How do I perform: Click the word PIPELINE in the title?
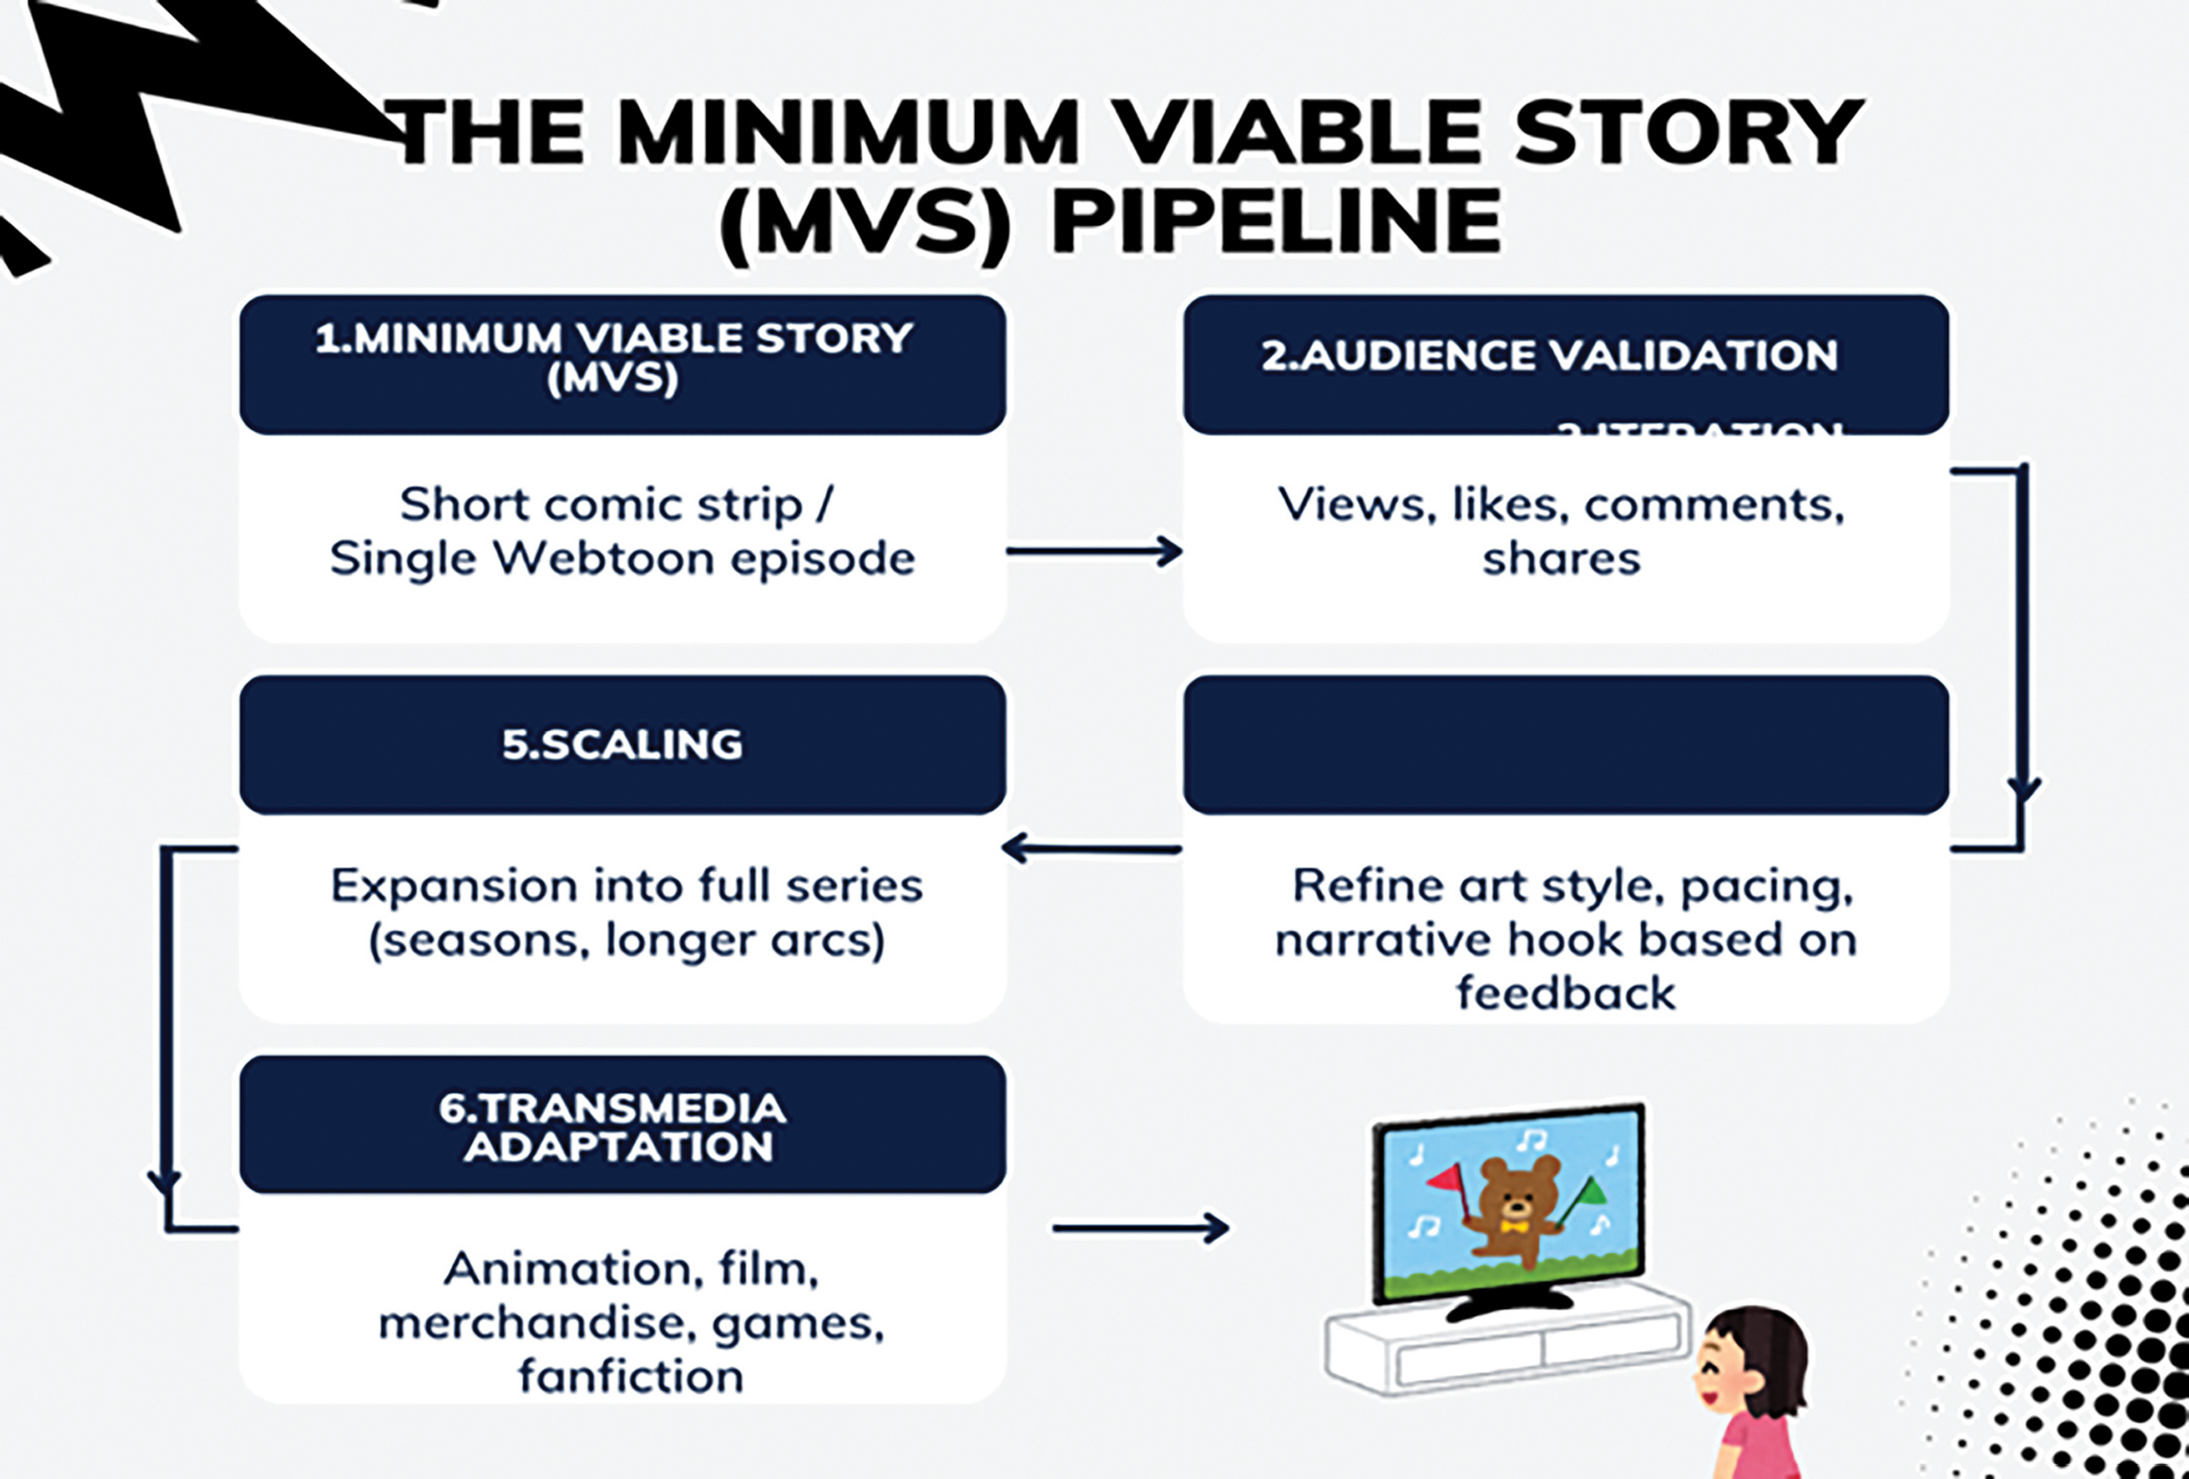[x=1276, y=222]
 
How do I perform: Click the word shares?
[x=1561, y=559]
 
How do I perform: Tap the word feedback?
[x=1565, y=994]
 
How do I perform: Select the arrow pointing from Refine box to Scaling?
[x=1093, y=849]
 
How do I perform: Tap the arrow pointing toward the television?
[x=1141, y=1227]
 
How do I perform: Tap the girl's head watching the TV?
[x=1752, y=1357]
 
